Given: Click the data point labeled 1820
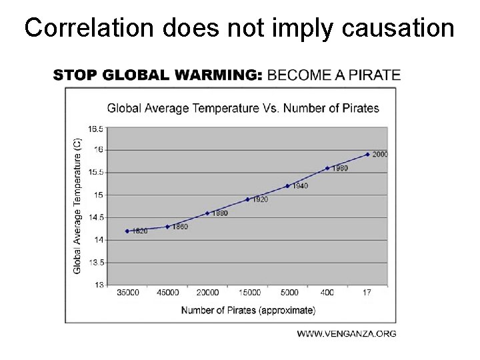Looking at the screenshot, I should pos(127,231).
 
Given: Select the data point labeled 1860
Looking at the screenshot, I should pos(167,227).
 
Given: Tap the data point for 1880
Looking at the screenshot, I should pos(207,213).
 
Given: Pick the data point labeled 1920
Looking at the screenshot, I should pos(247,199).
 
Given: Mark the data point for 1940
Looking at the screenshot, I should pos(287,186).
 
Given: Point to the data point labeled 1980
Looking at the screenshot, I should pos(327,168).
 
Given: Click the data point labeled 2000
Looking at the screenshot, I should pos(367,155).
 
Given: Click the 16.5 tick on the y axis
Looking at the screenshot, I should pos(95,127).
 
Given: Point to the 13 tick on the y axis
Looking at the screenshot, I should pos(99,285).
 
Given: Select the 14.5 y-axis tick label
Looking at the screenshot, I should pos(95,217).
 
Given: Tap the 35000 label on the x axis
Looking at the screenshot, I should pos(128,293).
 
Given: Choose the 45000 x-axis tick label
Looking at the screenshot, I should pos(167,293).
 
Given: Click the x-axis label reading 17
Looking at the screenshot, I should pos(367,293).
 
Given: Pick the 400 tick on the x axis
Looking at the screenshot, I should pos(327,293).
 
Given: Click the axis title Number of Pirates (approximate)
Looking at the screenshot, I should pos(248,309).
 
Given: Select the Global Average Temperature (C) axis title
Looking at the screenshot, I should pos(77,205).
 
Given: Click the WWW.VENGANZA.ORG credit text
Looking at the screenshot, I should pos(346,333).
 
